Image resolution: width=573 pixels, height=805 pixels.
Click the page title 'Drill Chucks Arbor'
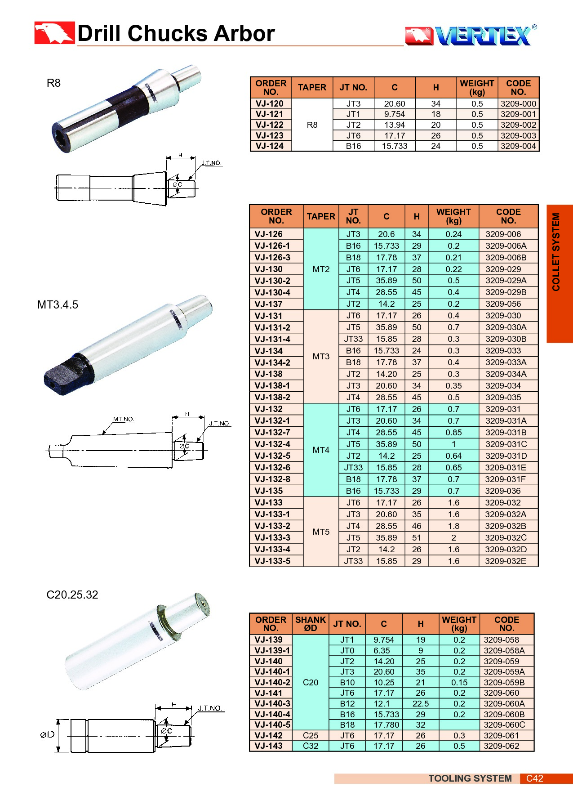(176, 33)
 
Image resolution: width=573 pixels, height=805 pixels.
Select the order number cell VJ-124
(270, 146)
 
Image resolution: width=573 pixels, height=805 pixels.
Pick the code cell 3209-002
(518, 125)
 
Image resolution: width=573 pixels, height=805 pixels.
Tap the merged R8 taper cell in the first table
(312, 125)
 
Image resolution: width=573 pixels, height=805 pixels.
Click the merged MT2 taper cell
(321, 269)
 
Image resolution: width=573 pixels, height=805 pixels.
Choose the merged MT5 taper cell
(321, 532)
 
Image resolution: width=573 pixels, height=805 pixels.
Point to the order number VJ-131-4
(272, 339)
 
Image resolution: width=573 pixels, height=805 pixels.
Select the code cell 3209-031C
(506, 444)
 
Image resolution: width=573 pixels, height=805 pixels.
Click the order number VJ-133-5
(272, 561)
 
